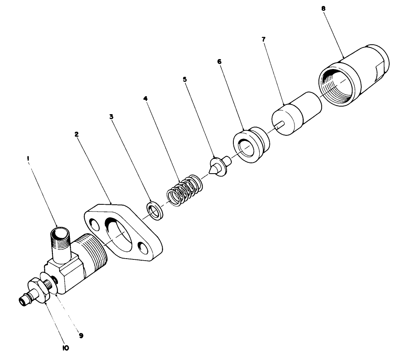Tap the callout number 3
point(111,117)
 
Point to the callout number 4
point(146,97)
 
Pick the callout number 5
point(185,79)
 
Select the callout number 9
point(81,336)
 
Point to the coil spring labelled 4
point(183,191)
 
